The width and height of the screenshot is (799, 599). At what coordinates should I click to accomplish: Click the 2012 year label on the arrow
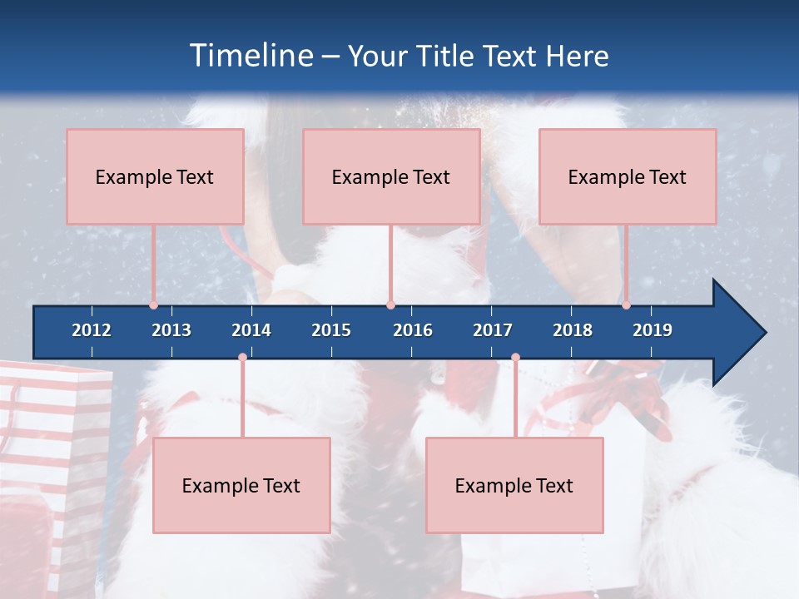click(92, 330)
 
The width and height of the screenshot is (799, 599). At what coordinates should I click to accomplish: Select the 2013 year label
click(171, 330)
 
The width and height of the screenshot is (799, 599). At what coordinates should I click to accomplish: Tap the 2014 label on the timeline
click(251, 330)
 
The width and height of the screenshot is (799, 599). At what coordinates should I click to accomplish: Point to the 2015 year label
click(331, 330)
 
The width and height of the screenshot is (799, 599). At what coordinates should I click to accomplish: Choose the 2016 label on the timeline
click(413, 330)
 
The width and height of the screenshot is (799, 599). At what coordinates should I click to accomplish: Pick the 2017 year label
click(493, 330)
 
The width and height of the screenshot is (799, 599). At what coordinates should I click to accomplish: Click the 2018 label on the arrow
click(573, 330)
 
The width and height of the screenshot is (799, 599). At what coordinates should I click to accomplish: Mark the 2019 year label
click(653, 330)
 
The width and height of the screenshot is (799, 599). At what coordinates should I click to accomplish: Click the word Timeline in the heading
click(250, 56)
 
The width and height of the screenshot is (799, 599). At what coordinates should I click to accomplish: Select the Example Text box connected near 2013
click(155, 176)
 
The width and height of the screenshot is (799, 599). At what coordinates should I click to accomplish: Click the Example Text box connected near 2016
click(391, 176)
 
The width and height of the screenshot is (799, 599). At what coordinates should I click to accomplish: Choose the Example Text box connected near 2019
click(628, 176)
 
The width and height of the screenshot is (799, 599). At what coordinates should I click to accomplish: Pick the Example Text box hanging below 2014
click(241, 485)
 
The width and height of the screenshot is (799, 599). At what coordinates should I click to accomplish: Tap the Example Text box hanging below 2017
click(514, 485)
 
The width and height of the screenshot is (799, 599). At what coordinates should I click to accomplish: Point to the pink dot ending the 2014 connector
click(242, 358)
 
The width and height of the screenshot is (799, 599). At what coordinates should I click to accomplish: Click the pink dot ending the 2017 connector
click(515, 358)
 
